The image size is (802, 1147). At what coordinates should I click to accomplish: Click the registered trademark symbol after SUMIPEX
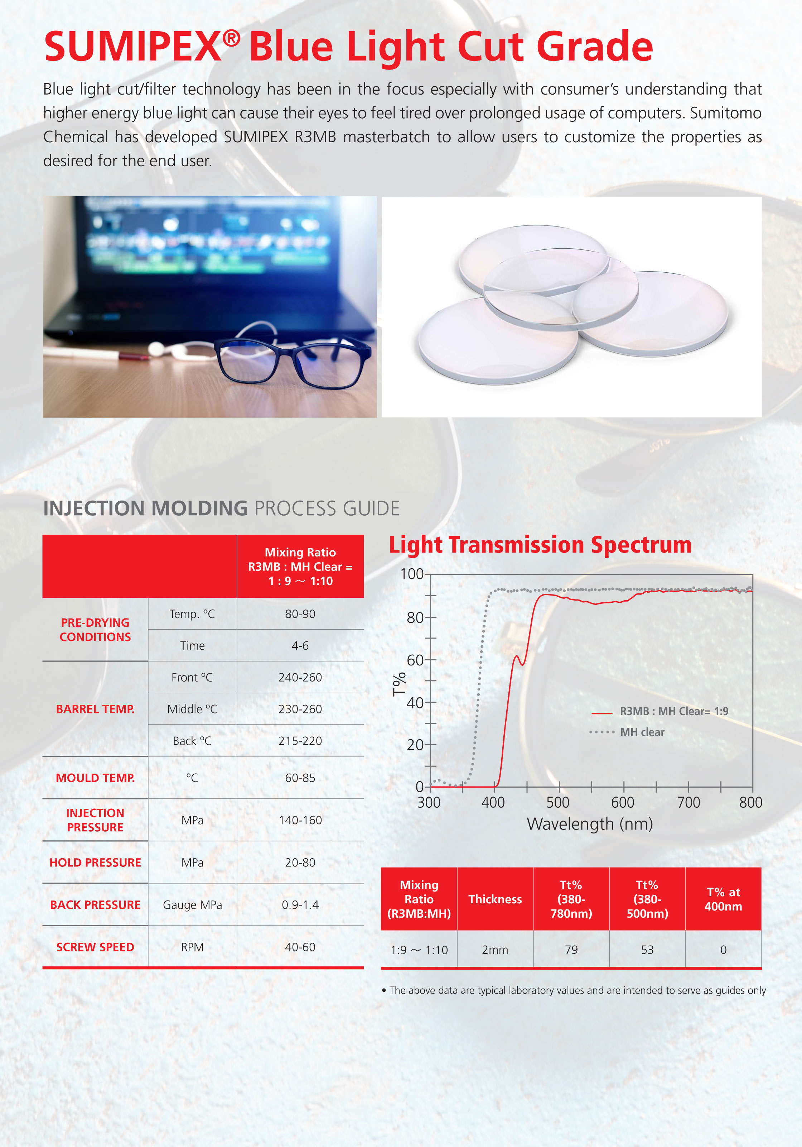pyautogui.click(x=231, y=38)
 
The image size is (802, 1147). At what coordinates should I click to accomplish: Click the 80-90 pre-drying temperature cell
pyautogui.click(x=300, y=614)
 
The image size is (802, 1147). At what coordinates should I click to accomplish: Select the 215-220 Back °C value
pyautogui.click(x=300, y=741)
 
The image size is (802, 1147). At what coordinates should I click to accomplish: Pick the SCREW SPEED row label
pyautogui.click(x=95, y=947)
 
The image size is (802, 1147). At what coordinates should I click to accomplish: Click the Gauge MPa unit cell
pyautogui.click(x=192, y=905)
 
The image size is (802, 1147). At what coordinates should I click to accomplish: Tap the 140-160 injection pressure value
pyautogui.click(x=300, y=820)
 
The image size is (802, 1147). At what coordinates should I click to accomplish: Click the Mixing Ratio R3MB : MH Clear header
pyautogui.click(x=300, y=567)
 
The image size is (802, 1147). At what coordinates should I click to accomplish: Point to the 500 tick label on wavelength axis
pyautogui.click(x=557, y=802)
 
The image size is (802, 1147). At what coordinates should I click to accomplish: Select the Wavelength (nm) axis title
pyautogui.click(x=590, y=824)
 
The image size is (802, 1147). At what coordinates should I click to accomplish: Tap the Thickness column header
pyautogui.click(x=495, y=899)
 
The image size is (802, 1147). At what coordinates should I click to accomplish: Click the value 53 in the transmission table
pyautogui.click(x=647, y=950)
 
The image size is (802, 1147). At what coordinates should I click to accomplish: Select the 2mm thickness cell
pyautogui.click(x=495, y=950)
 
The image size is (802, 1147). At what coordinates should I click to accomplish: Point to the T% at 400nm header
pyautogui.click(x=723, y=899)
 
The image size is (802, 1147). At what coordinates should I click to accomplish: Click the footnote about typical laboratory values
pyautogui.click(x=574, y=990)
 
